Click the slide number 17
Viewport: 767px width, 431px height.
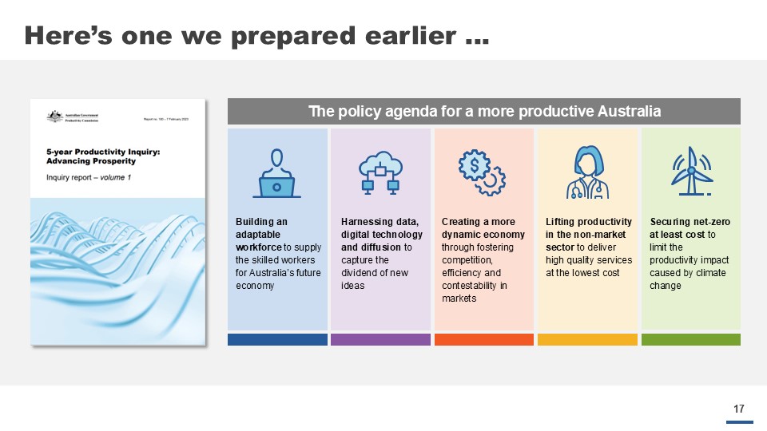pyautogui.click(x=739, y=409)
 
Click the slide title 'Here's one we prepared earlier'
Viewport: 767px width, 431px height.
pyautogui.click(x=256, y=35)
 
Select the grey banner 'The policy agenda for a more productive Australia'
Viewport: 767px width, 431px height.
pyautogui.click(x=484, y=111)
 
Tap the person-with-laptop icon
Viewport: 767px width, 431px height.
pyautogui.click(x=277, y=173)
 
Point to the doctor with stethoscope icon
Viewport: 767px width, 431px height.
pyautogui.click(x=587, y=172)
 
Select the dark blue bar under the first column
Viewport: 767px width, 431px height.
pyautogui.click(x=277, y=339)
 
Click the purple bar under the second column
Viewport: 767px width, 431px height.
pyautogui.click(x=380, y=339)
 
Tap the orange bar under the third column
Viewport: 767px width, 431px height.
pyautogui.click(x=484, y=339)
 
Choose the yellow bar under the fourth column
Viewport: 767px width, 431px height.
pyautogui.click(x=587, y=339)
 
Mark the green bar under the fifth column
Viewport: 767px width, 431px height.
pyautogui.click(x=691, y=339)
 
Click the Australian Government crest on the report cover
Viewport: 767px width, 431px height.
pyautogui.click(x=54, y=117)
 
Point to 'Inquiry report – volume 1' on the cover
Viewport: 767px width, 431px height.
pyautogui.click(x=89, y=177)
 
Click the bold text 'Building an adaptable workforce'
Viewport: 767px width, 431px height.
pyautogui.click(x=264, y=235)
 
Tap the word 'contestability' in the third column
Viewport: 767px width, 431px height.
pyautogui.click(x=468, y=285)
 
